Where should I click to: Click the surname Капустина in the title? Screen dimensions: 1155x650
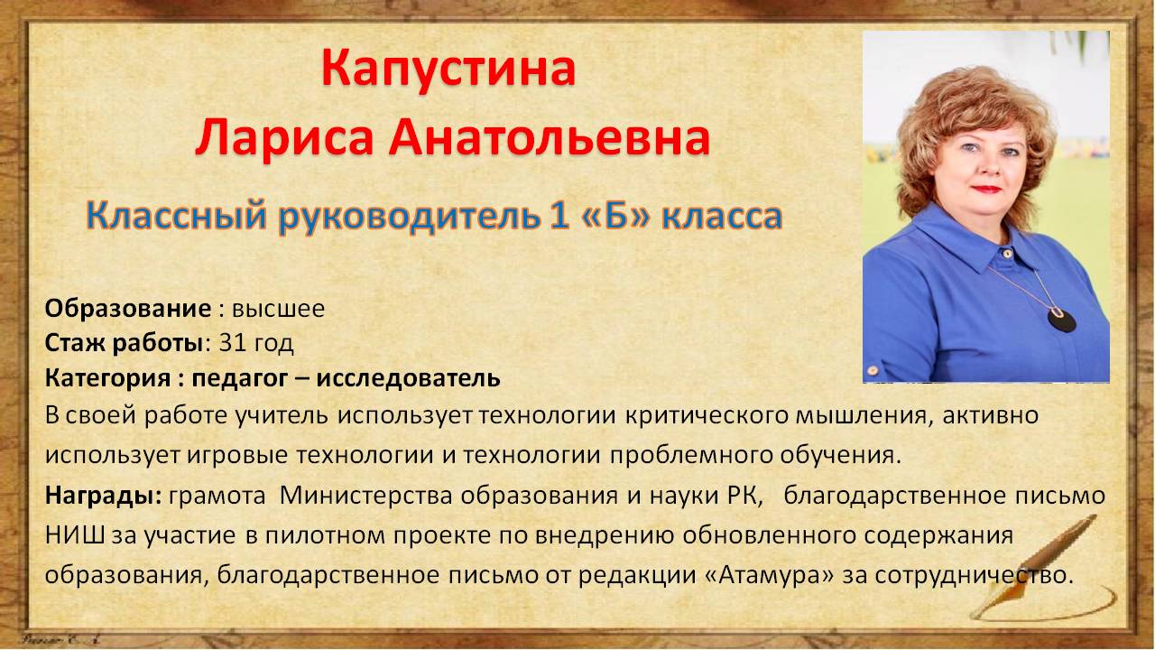448,70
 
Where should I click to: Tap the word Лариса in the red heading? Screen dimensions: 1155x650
284,137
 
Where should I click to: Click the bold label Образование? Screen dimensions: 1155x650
128,309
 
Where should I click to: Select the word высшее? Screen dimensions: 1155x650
279,310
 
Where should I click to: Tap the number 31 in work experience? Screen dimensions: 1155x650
231,342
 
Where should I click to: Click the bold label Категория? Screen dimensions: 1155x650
107,378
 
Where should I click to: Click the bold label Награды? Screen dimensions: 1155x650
103,496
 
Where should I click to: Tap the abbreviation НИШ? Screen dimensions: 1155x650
75,535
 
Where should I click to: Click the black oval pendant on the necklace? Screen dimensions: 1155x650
1062,320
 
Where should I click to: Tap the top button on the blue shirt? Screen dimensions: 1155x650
1007,254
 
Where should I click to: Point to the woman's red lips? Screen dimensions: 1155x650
986,190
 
